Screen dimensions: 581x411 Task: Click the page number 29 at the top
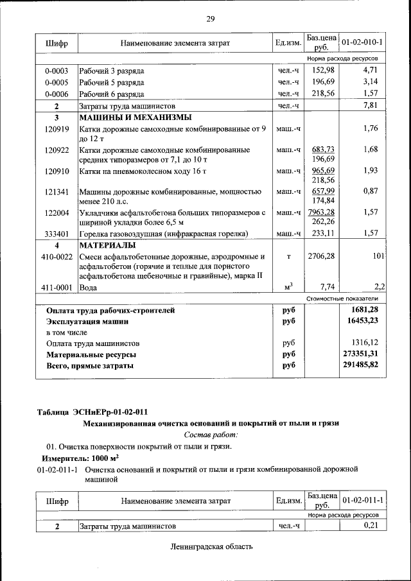[210, 18]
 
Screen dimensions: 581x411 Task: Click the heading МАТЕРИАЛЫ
[107, 245]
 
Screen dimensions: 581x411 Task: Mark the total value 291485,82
[362, 365]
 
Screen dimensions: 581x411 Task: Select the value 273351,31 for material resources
[362, 354]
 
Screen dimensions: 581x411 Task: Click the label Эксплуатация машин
[87, 321]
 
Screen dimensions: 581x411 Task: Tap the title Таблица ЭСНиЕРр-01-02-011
[97, 411]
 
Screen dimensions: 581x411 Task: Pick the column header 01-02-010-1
[362, 42]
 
